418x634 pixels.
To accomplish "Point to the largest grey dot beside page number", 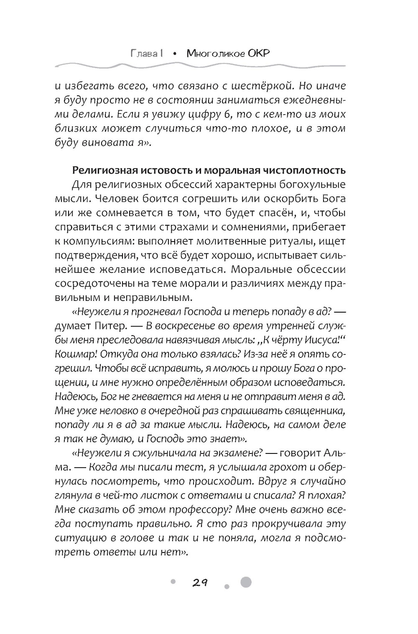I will (x=246, y=582).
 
